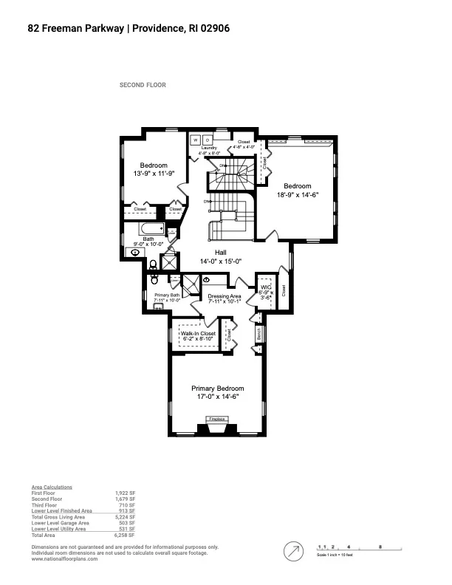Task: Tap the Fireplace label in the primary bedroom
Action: (x=216, y=419)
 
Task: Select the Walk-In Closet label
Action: (x=198, y=334)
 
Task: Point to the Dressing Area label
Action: (x=225, y=296)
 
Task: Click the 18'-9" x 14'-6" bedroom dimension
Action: (x=298, y=194)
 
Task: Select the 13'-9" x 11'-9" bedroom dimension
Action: (x=154, y=174)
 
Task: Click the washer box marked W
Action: (x=196, y=140)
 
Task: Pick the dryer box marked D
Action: (x=208, y=140)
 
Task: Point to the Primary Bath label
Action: (x=167, y=295)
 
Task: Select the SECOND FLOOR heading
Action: (x=143, y=85)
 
